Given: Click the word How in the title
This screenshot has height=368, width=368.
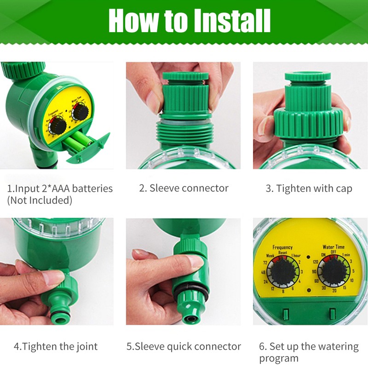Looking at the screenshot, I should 130,21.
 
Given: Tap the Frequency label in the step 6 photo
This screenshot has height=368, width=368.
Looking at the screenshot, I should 282,247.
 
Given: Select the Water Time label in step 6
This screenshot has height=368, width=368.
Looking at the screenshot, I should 333,247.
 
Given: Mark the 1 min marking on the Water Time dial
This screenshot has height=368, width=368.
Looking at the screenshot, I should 346,255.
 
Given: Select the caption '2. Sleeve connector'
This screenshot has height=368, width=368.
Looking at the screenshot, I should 184,188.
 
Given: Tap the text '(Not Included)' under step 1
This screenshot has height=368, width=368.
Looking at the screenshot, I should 40,201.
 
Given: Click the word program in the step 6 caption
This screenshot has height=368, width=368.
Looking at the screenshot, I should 279,358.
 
